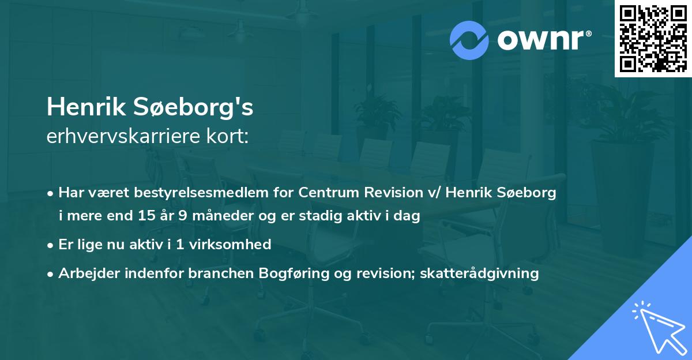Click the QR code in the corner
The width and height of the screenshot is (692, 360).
653,39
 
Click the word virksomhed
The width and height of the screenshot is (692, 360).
236,244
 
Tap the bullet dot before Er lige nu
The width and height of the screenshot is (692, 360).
51,245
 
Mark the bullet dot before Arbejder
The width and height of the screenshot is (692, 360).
51,273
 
